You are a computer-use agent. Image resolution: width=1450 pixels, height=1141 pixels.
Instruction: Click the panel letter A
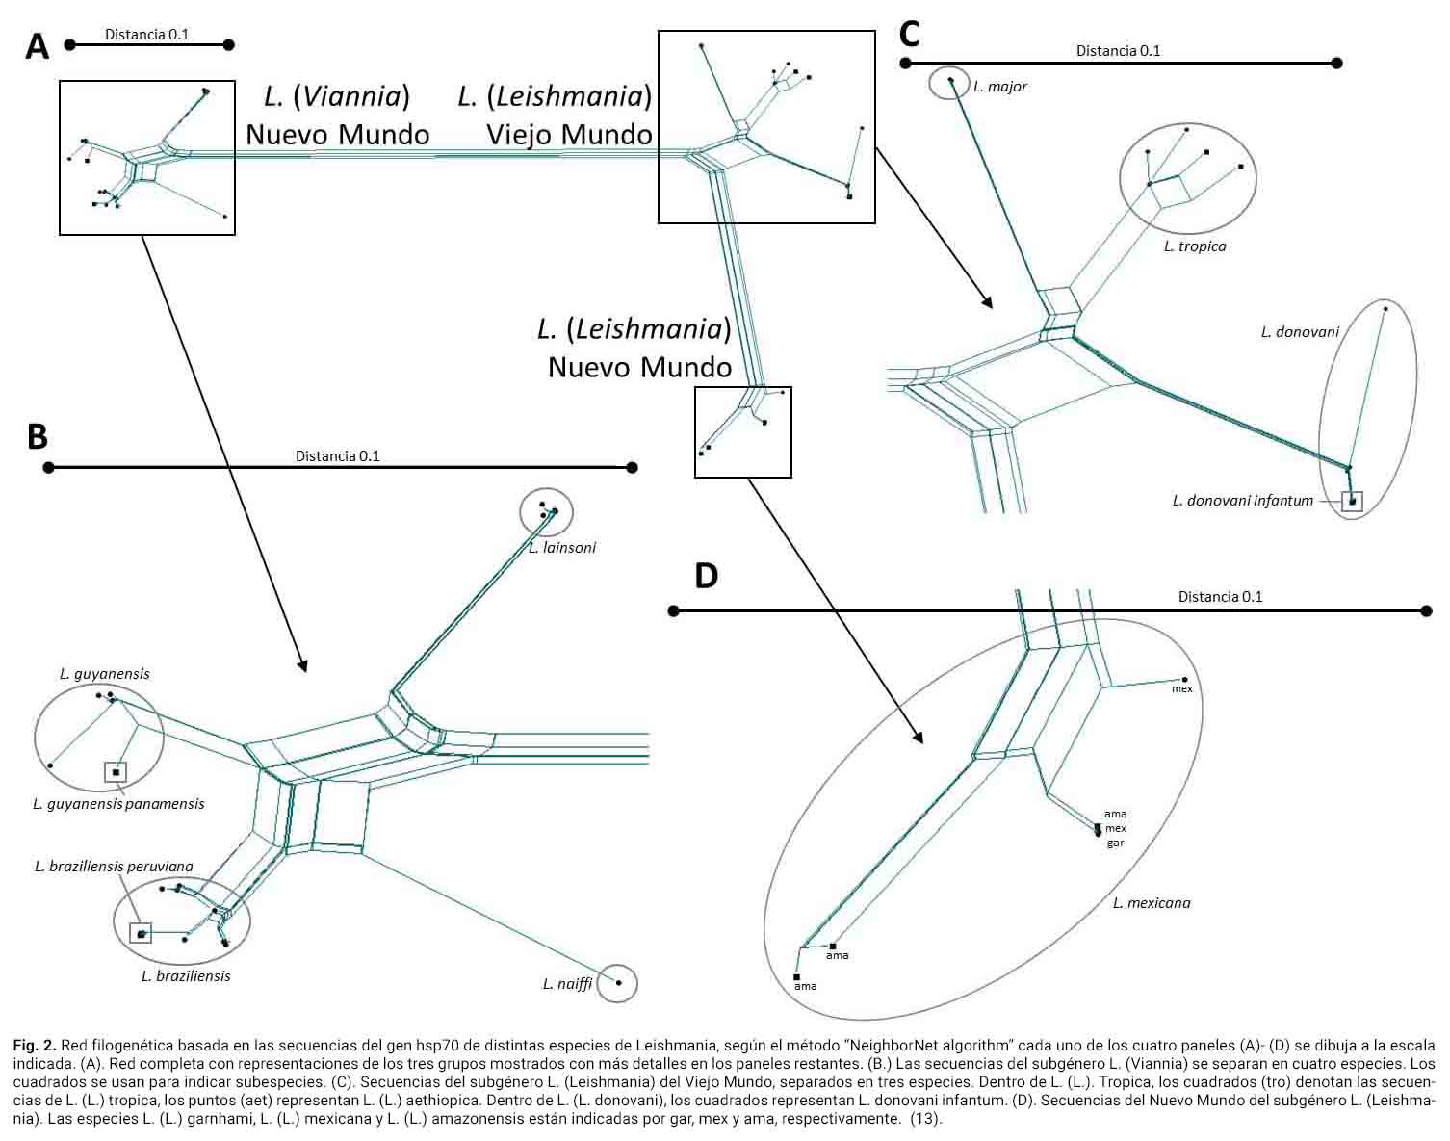[37, 45]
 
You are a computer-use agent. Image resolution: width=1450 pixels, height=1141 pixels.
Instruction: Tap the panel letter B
[37, 436]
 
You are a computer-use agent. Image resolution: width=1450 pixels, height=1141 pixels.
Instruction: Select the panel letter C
[910, 35]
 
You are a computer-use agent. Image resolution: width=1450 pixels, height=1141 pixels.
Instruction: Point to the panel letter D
[706, 576]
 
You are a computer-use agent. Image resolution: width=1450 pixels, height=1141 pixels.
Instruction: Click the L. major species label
[999, 87]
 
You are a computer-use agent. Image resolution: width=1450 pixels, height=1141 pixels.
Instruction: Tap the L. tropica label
[1194, 246]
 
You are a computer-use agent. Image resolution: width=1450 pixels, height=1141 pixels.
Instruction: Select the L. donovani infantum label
[1242, 501]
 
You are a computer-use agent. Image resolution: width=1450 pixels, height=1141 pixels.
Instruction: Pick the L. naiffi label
[567, 984]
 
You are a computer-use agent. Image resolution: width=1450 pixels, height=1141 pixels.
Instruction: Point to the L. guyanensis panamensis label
[118, 804]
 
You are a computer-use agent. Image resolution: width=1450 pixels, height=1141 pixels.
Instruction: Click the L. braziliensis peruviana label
[114, 867]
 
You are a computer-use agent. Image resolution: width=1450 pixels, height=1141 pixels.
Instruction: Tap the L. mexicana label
[1152, 903]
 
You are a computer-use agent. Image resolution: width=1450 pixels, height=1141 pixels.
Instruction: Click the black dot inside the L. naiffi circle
[619, 983]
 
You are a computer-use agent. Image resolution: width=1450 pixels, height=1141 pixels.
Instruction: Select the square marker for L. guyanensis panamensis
[116, 772]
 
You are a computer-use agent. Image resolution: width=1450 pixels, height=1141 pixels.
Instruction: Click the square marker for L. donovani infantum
[1353, 501]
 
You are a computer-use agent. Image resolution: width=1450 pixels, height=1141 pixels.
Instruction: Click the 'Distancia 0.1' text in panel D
[1220, 597]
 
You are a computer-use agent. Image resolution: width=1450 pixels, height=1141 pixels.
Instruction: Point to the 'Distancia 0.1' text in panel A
[147, 35]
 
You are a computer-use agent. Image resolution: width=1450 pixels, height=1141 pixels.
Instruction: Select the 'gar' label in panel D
[1115, 843]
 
